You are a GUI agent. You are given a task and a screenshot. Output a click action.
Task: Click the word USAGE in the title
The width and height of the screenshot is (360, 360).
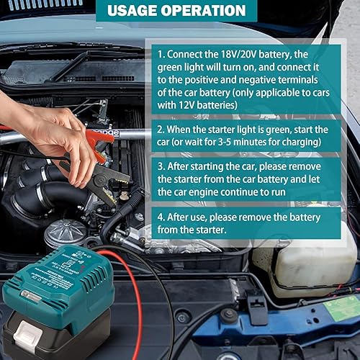(x=138, y=11)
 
